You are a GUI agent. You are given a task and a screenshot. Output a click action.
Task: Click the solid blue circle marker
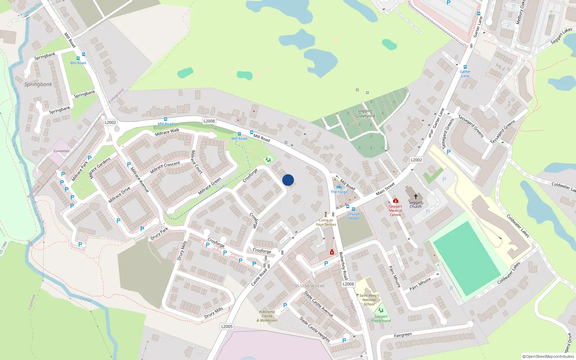click(x=288, y=180)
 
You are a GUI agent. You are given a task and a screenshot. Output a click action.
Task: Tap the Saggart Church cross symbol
click(x=415, y=197)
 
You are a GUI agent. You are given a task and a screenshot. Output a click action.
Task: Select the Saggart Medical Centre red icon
click(x=395, y=201)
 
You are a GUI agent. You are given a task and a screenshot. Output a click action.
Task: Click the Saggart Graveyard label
click(x=365, y=113)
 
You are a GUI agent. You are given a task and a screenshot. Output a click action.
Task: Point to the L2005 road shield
click(x=227, y=326)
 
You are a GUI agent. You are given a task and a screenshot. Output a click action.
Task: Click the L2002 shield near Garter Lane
click(x=416, y=160)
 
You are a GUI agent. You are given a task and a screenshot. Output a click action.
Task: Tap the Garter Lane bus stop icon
click(x=465, y=67)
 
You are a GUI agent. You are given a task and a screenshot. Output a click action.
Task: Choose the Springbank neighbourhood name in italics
click(x=38, y=84)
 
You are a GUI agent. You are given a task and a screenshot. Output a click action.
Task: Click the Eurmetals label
click(x=62, y=151)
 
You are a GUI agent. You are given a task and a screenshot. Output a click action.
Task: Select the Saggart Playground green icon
click(x=381, y=310)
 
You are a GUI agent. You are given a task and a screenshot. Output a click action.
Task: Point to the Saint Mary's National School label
click(x=369, y=300)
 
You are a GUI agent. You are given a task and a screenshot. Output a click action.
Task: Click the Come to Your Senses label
click(x=326, y=222)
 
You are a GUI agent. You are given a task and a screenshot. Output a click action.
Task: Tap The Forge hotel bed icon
click(x=339, y=187)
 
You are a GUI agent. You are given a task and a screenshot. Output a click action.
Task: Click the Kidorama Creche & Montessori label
click(x=267, y=316)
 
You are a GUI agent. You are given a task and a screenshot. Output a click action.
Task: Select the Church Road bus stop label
click(x=354, y=216)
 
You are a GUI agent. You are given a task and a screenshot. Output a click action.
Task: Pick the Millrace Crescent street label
click(x=165, y=167)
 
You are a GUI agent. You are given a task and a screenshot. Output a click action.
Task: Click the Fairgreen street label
click(x=402, y=335)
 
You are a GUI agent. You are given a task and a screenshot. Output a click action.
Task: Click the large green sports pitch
click(x=467, y=258)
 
